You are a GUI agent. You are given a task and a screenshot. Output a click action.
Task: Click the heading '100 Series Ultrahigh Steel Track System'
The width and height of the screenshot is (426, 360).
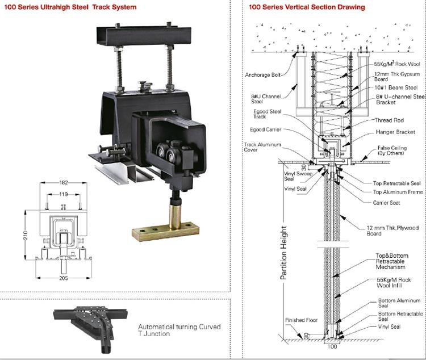point(69,7)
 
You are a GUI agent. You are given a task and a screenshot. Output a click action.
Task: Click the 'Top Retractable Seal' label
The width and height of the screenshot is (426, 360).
point(397,183)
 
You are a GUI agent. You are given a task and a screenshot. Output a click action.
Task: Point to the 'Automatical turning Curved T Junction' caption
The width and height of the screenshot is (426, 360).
point(179,330)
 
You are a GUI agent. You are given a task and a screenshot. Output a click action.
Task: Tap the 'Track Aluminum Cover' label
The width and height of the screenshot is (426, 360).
point(258,148)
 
